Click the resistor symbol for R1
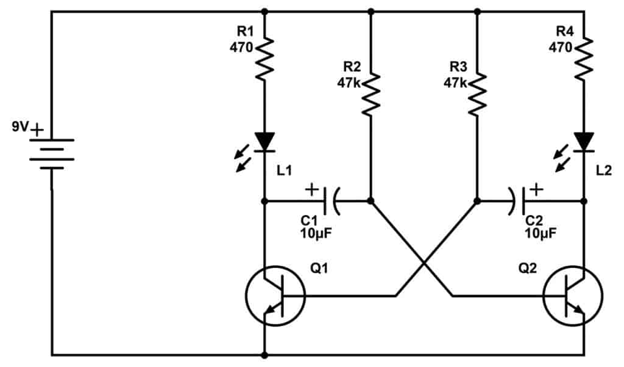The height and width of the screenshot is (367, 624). [264, 58]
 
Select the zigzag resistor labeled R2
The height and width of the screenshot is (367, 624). [370, 95]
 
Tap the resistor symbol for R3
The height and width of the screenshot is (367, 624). [477, 95]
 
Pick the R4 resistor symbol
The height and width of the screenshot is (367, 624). [584, 58]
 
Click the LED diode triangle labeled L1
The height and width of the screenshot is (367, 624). [264, 142]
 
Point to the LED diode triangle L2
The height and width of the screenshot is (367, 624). [584, 142]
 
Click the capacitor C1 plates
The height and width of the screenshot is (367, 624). [334, 200]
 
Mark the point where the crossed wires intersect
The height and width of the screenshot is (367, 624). [424, 265]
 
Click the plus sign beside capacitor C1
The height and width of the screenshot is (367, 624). [311, 189]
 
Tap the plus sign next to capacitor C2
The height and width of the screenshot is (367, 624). [536, 189]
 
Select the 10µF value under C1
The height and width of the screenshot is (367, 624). [315, 233]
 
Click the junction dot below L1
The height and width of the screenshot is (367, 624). [264, 200]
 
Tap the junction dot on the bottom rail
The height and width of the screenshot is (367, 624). [264, 354]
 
